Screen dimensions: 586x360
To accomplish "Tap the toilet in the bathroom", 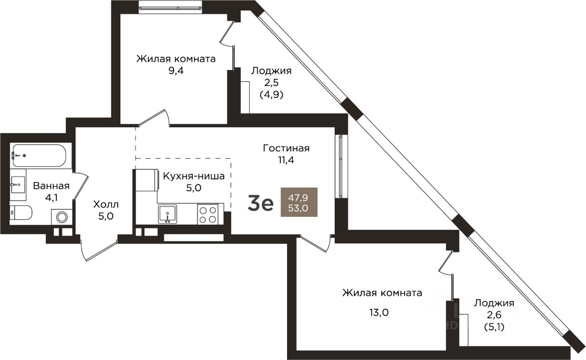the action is click(21, 213).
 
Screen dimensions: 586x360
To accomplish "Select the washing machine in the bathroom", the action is click(62, 217).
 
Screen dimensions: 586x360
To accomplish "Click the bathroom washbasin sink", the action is click(18, 185).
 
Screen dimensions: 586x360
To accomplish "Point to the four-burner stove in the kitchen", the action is click(208, 214).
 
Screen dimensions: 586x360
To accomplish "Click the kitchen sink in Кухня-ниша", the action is click(168, 215).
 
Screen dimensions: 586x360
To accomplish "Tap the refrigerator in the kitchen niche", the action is click(147, 180).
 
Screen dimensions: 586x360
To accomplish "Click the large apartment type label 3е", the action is click(260, 204).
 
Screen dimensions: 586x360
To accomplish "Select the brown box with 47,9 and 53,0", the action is click(299, 202).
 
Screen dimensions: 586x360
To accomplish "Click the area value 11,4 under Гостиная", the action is click(286, 160).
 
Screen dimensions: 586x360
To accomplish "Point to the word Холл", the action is click(106, 204).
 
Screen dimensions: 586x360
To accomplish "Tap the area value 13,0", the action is click(379, 312).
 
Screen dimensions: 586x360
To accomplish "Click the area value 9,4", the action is click(176, 70).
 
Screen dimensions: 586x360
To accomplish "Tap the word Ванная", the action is click(51, 186).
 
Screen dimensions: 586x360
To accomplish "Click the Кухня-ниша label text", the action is click(194, 176).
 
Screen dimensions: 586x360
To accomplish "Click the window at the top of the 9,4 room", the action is click(171, 9).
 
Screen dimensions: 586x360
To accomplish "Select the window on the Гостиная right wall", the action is click(340, 167).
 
